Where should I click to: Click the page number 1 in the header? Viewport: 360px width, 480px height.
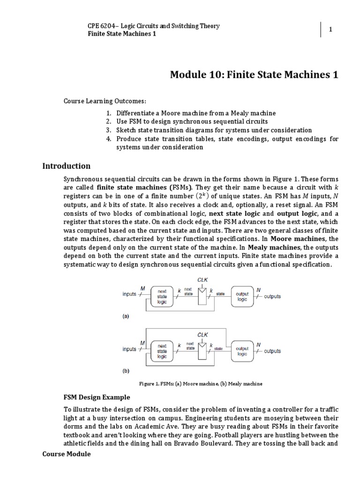pyautogui.click(x=330, y=30)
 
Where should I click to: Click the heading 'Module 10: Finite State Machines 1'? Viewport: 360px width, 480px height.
pyautogui.click(x=254, y=75)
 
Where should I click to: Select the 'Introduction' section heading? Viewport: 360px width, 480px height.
pyautogui.click(x=66, y=166)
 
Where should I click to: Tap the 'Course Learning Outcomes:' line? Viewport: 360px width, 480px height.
pyautogui.click(x=98, y=101)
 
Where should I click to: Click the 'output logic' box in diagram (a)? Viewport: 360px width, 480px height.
pyautogui.click(x=242, y=296)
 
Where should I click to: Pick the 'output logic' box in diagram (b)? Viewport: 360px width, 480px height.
pyautogui.click(x=242, y=351)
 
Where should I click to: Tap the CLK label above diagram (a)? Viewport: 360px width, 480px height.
pyautogui.click(x=203, y=279)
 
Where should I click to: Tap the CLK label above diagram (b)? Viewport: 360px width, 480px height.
pyautogui.click(x=203, y=335)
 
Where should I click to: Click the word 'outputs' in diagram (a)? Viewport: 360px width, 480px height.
pyautogui.click(x=272, y=297)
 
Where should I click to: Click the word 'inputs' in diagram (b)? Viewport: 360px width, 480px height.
pyautogui.click(x=129, y=349)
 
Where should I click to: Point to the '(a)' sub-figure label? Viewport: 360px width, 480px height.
pyautogui.click(x=126, y=316)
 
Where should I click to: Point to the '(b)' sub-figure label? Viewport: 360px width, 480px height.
pyautogui.click(x=126, y=371)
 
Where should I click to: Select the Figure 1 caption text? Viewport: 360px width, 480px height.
pyautogui.click(x=201, y=384)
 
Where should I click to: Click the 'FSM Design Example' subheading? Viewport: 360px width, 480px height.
pyautogui.click(x=97, y=397)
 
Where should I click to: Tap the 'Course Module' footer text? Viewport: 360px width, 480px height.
pyautogui.click(x=66, y=454)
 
